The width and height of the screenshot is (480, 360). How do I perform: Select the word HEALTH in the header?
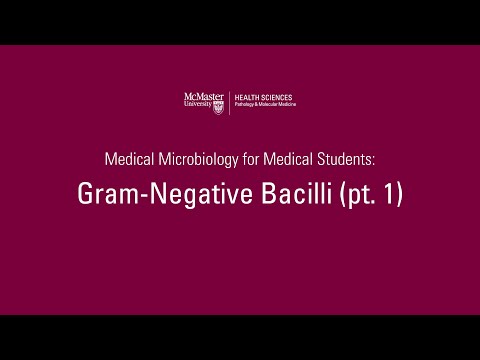tap(247, 97)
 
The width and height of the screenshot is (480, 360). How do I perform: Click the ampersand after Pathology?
tap(259, 104)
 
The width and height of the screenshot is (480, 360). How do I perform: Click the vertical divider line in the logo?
tap(231, 99)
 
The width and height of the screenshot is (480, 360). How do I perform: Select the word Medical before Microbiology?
tap(128, 159)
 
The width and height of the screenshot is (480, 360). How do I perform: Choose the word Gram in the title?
tap(105, 195)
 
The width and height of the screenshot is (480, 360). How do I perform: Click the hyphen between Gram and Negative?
tap(137, 197)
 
